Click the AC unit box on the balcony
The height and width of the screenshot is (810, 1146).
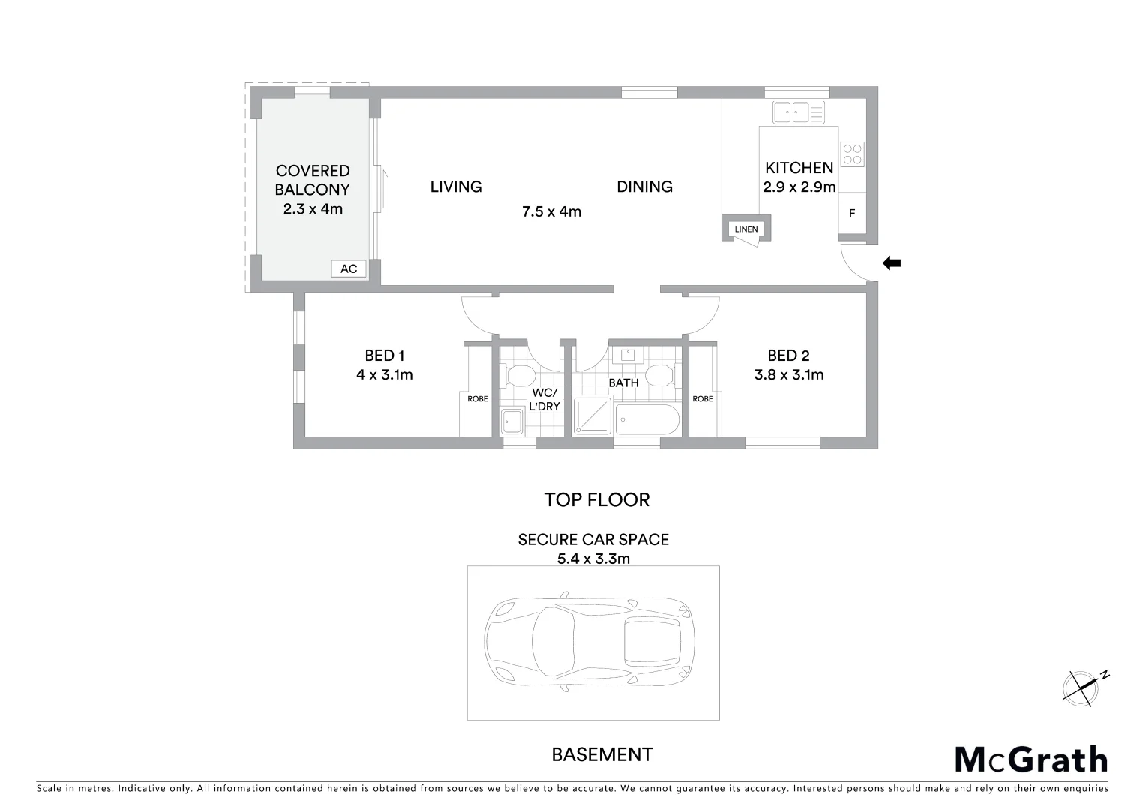[349, 268]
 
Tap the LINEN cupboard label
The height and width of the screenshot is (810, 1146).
[745, 229]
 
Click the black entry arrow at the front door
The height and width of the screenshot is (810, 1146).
[891, 262]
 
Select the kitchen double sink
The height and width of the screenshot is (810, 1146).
[799, 112]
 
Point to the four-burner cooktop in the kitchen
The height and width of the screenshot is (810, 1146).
[852, 154]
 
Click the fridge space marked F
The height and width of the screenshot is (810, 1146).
[851, 214]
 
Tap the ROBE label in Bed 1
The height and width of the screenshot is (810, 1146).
[477, 399]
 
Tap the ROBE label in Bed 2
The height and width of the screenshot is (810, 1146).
[702, 399]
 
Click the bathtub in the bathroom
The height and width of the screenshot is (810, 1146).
[647, 420]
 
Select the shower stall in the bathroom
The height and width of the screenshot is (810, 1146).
[592, 416]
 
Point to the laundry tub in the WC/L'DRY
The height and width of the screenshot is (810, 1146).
[512, 422]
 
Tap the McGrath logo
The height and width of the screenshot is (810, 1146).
[1030, 759]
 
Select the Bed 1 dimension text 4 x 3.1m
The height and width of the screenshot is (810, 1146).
[384, 374]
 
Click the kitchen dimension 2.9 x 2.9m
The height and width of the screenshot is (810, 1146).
[799, 187]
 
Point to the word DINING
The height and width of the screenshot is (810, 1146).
[644, 187]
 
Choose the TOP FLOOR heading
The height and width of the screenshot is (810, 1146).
[596, 500]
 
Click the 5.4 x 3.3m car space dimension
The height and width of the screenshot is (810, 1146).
[593, 558]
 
